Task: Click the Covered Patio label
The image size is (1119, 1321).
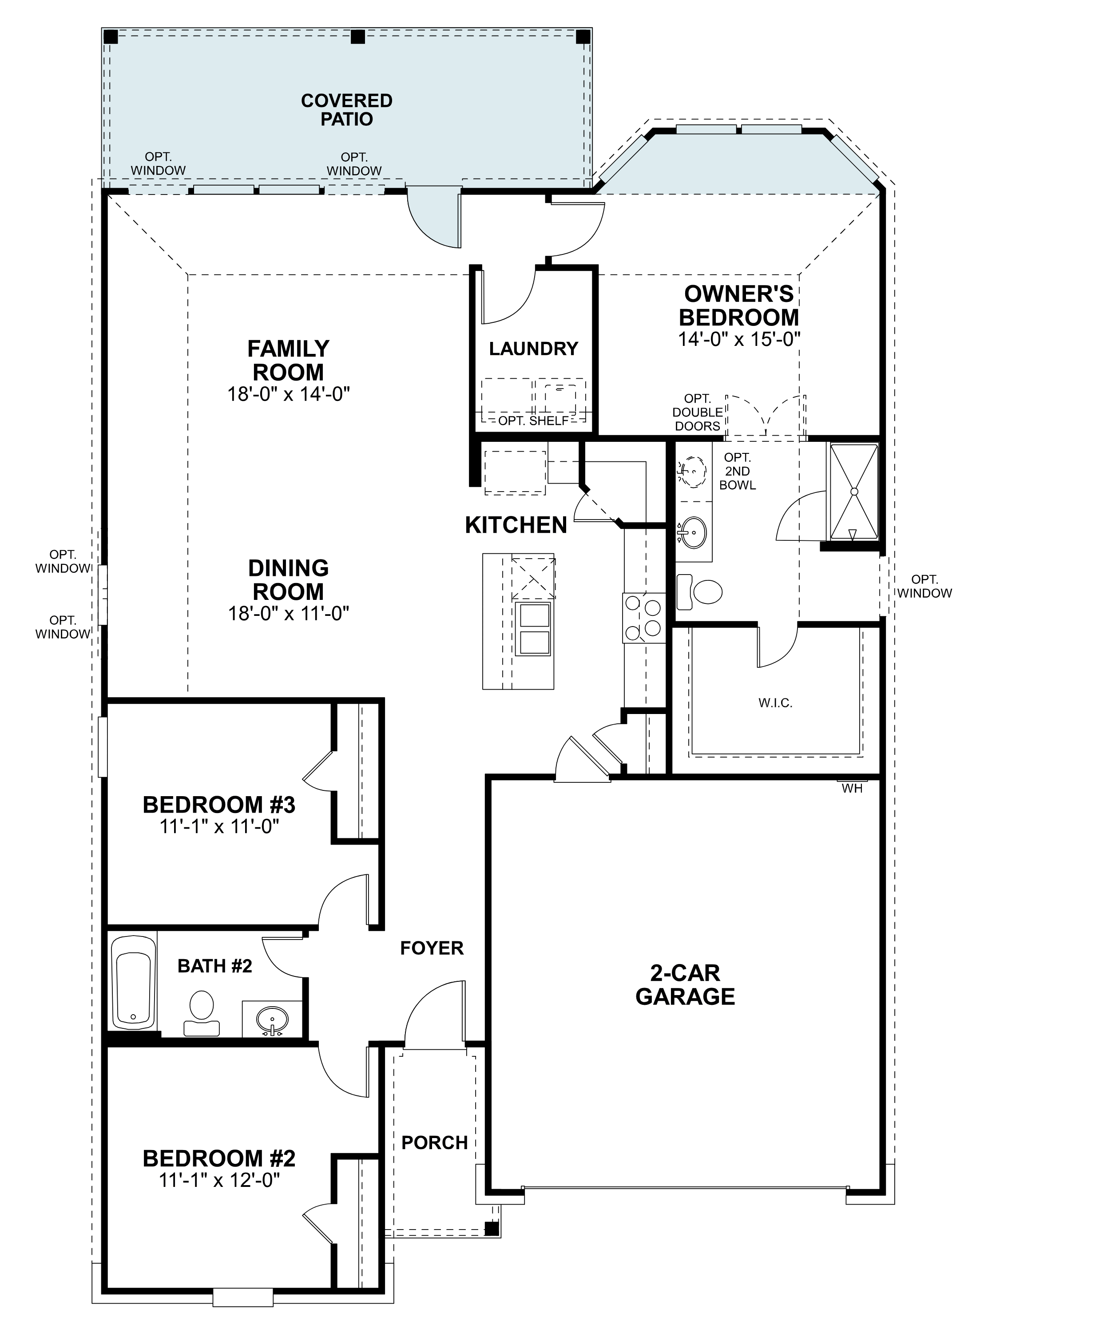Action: click(x=346, y=110)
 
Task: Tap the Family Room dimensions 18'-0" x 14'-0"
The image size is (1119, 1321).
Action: click(x=289, y=394)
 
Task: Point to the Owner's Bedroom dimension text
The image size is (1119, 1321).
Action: click(x=739, y=339)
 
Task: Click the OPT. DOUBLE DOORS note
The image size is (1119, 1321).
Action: click(x=697, y=412)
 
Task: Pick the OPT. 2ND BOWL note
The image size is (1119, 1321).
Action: click(x=737, y=471)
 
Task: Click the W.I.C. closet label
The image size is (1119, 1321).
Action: click(x=775, y=702)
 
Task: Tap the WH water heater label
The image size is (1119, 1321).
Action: click(x=852, y=788)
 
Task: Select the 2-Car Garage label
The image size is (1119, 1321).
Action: click(x=685, y=985)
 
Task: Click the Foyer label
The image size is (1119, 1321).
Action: click(x=432, y=948)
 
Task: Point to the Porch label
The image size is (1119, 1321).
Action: click(x=435, y=1143)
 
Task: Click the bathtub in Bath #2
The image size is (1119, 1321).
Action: click(x=133, y=982)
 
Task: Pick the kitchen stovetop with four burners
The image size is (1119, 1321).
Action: click(x=644, y=617)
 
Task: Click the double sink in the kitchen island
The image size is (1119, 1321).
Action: click(x=533, y=629)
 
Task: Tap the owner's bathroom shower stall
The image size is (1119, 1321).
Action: click(x=854, y=492)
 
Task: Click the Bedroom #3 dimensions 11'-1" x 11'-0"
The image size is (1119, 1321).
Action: click(x=219, y=827)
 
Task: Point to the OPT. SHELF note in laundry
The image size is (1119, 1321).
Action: click(x=533, y=420)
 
